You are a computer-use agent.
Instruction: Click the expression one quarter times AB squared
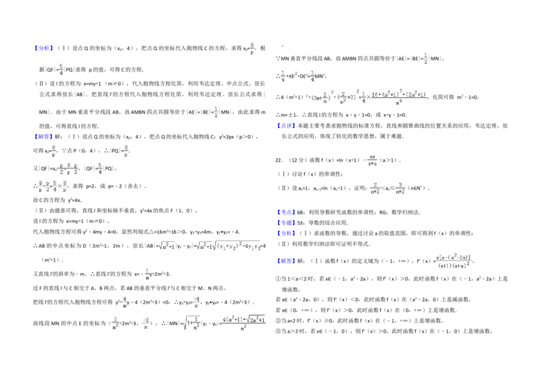point(287,76)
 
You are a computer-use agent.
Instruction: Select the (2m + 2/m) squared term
point(321,98)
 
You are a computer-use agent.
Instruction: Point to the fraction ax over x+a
point(370,160)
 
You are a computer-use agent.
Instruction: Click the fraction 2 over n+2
point(376,187)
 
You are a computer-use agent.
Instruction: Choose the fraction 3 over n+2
point(400,187)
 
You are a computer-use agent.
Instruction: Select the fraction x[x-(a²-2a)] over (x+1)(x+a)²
point(454,260)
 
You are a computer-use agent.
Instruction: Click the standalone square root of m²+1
point(167,246)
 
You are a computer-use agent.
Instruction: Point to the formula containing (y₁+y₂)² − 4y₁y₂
point(230,246)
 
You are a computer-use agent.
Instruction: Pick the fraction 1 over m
point(146,273)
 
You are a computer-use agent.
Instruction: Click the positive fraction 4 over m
point(124,300)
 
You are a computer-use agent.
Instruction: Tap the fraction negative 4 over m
point(197,300)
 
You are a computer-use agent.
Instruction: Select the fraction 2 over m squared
point(115,324)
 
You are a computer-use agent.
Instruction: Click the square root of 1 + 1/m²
point(191,324)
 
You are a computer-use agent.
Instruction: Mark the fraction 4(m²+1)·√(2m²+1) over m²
point(243,324)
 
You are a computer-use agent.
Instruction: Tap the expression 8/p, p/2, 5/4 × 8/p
point(54,187)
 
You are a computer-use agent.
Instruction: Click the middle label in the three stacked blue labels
point(287,222)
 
